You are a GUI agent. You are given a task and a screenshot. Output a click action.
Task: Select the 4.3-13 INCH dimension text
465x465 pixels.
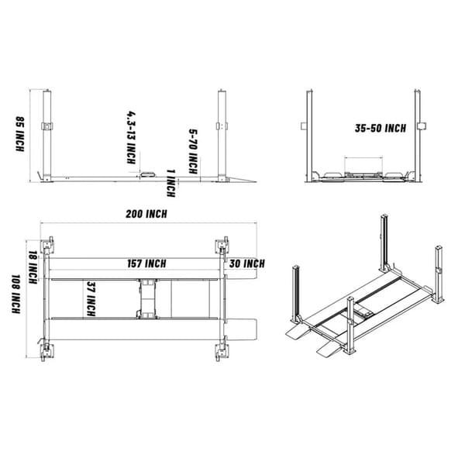[x=131, y=136]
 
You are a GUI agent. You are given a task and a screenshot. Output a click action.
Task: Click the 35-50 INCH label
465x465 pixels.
[x=381, y=129]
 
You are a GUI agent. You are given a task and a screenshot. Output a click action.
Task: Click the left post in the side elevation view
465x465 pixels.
[x=48, y=136]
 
